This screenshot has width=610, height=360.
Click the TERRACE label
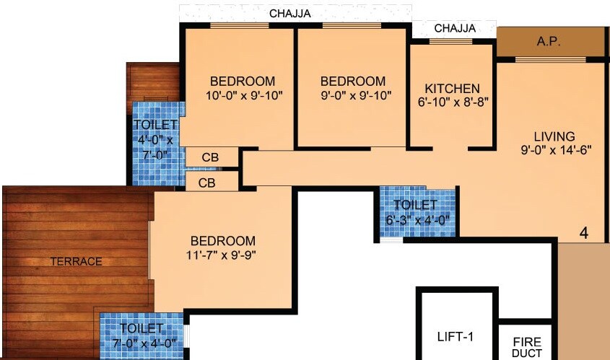coord(76,261)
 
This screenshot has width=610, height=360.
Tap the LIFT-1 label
coord(456,336)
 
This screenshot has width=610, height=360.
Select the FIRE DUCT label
coord(527,347)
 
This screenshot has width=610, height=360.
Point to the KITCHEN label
coord(453,88)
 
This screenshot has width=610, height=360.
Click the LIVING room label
coord(554,136)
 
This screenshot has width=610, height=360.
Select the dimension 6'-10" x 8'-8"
coord(453,102)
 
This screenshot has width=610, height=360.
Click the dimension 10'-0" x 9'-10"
coord(243,95)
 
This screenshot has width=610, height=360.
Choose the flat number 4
coord(583,233)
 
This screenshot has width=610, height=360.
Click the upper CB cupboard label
coord(210,158)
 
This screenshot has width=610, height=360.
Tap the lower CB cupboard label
coord(206,182)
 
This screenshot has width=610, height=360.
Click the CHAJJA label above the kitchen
coord(455,28)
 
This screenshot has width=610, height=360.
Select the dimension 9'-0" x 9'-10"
coord(353,95)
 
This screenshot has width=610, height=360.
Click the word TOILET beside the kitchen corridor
coord(416,206)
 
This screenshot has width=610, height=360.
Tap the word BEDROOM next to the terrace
coord(223,240)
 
